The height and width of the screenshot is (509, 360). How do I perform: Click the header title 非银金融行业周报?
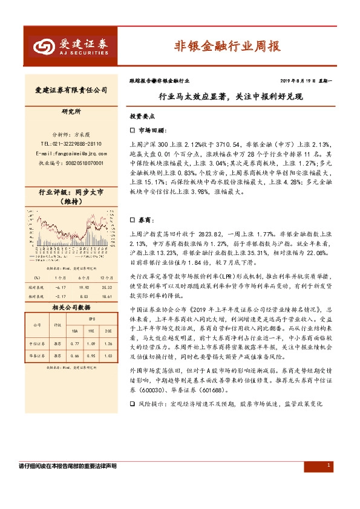pyautogui.click(x=227, y=46)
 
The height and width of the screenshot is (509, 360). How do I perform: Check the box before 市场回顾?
pyautogui.click(x=133, y=130)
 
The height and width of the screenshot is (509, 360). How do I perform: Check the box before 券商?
pyautogui.click(x=133, y=221)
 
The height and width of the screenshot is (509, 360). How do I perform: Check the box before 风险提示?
pyautogui.click(x=133, y=403)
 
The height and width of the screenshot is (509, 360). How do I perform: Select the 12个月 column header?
pyautogui.click(x=108, y=278)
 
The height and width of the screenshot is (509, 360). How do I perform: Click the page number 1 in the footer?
pyautogui.click(x=328, y=465)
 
